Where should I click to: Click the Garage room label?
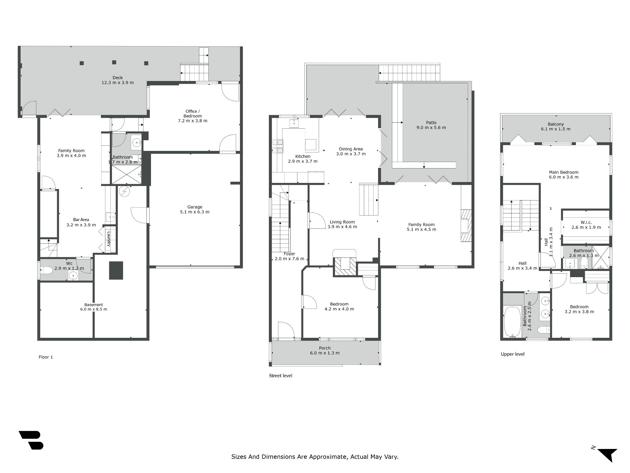pyautogui.click(x=195, y=207)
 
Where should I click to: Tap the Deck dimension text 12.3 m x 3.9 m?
pyautogui.click(x=118, y=83)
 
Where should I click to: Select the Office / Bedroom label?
pyautogui.click(x=193, y=114)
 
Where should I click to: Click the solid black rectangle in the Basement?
pyautogui.click(x=116, y=270)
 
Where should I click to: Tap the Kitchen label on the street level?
pyautogui.click(x=303, y=156)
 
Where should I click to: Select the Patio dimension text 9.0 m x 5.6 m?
pyautogui.click(x=431, y=127)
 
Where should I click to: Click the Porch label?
pyautogui.click(x=325, y=348)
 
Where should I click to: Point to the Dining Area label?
pyautogui.click(x=351, y=149)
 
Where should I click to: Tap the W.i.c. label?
pyautogui.click(x=586, y=222)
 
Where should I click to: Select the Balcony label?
pyautogui.click(x=556, y=124)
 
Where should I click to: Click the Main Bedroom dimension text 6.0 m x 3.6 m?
pyautogui.click(x=564, y=177)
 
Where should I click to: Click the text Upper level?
pyautogui.click(x=512, y=354)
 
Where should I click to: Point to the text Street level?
pyautogui.click(x=281, y=376)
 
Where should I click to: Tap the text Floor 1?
pyautogui.click(x=46, y=357)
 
